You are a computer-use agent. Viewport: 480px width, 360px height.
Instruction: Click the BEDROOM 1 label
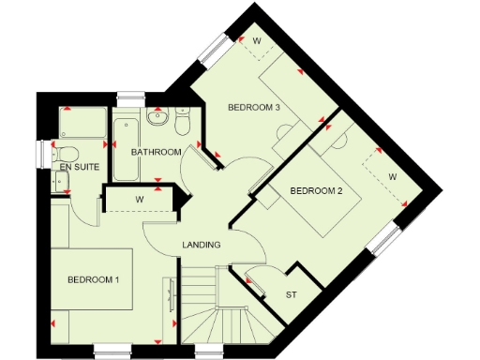92,279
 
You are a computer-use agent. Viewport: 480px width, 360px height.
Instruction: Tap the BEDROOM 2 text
315,191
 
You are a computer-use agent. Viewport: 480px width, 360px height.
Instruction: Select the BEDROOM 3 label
254,108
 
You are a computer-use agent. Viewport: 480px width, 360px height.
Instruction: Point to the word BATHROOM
156,152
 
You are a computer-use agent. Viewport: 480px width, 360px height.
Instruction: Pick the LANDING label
201,245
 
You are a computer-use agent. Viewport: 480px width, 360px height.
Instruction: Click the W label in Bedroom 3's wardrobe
257,40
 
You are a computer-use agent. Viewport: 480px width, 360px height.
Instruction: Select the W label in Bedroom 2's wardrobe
392,176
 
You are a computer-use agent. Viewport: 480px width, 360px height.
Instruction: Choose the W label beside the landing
138,199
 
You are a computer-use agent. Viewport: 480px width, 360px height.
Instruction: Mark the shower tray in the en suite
80,124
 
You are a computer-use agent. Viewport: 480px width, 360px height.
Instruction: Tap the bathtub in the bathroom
126,149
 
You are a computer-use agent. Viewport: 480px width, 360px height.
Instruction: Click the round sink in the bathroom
158,119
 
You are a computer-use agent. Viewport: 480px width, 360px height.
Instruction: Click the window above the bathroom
131,93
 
